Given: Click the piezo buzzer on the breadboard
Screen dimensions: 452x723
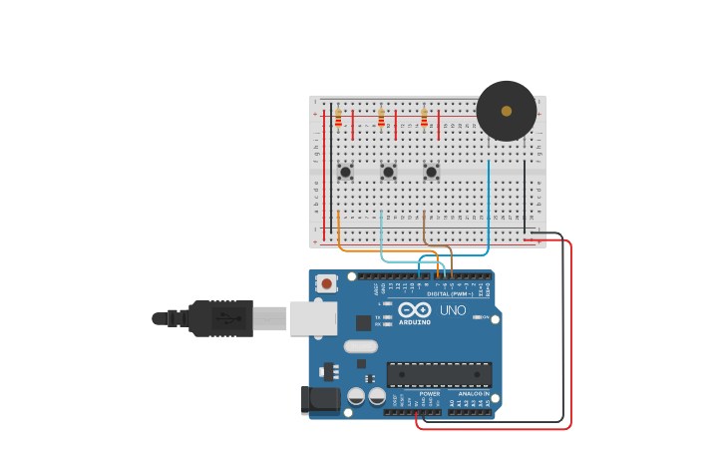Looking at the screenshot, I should point(506,111).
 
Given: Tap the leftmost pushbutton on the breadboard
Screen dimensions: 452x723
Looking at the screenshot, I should point(345,172).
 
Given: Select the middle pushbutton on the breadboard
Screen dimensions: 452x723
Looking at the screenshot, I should point(388,172).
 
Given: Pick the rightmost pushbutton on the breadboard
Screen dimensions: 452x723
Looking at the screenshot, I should point(431,172).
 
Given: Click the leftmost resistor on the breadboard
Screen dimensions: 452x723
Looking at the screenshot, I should point(338,119).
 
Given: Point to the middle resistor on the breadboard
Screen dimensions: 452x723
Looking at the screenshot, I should point(381,119).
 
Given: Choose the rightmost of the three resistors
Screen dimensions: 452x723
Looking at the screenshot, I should point(424,119).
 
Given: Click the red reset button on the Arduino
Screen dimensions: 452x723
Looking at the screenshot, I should point(326,284).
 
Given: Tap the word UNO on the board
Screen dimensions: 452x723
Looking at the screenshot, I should point(454,310).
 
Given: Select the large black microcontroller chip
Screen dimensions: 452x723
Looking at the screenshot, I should point(439,374).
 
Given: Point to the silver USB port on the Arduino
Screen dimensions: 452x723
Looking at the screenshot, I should point(313,318).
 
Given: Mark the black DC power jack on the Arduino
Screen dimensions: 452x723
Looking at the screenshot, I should point(320,399).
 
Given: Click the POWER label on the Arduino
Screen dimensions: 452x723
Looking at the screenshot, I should point(430,394).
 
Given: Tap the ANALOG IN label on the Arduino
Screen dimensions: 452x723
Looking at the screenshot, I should point(474,394).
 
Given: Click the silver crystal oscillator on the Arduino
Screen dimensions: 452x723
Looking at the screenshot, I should point(361,347).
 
